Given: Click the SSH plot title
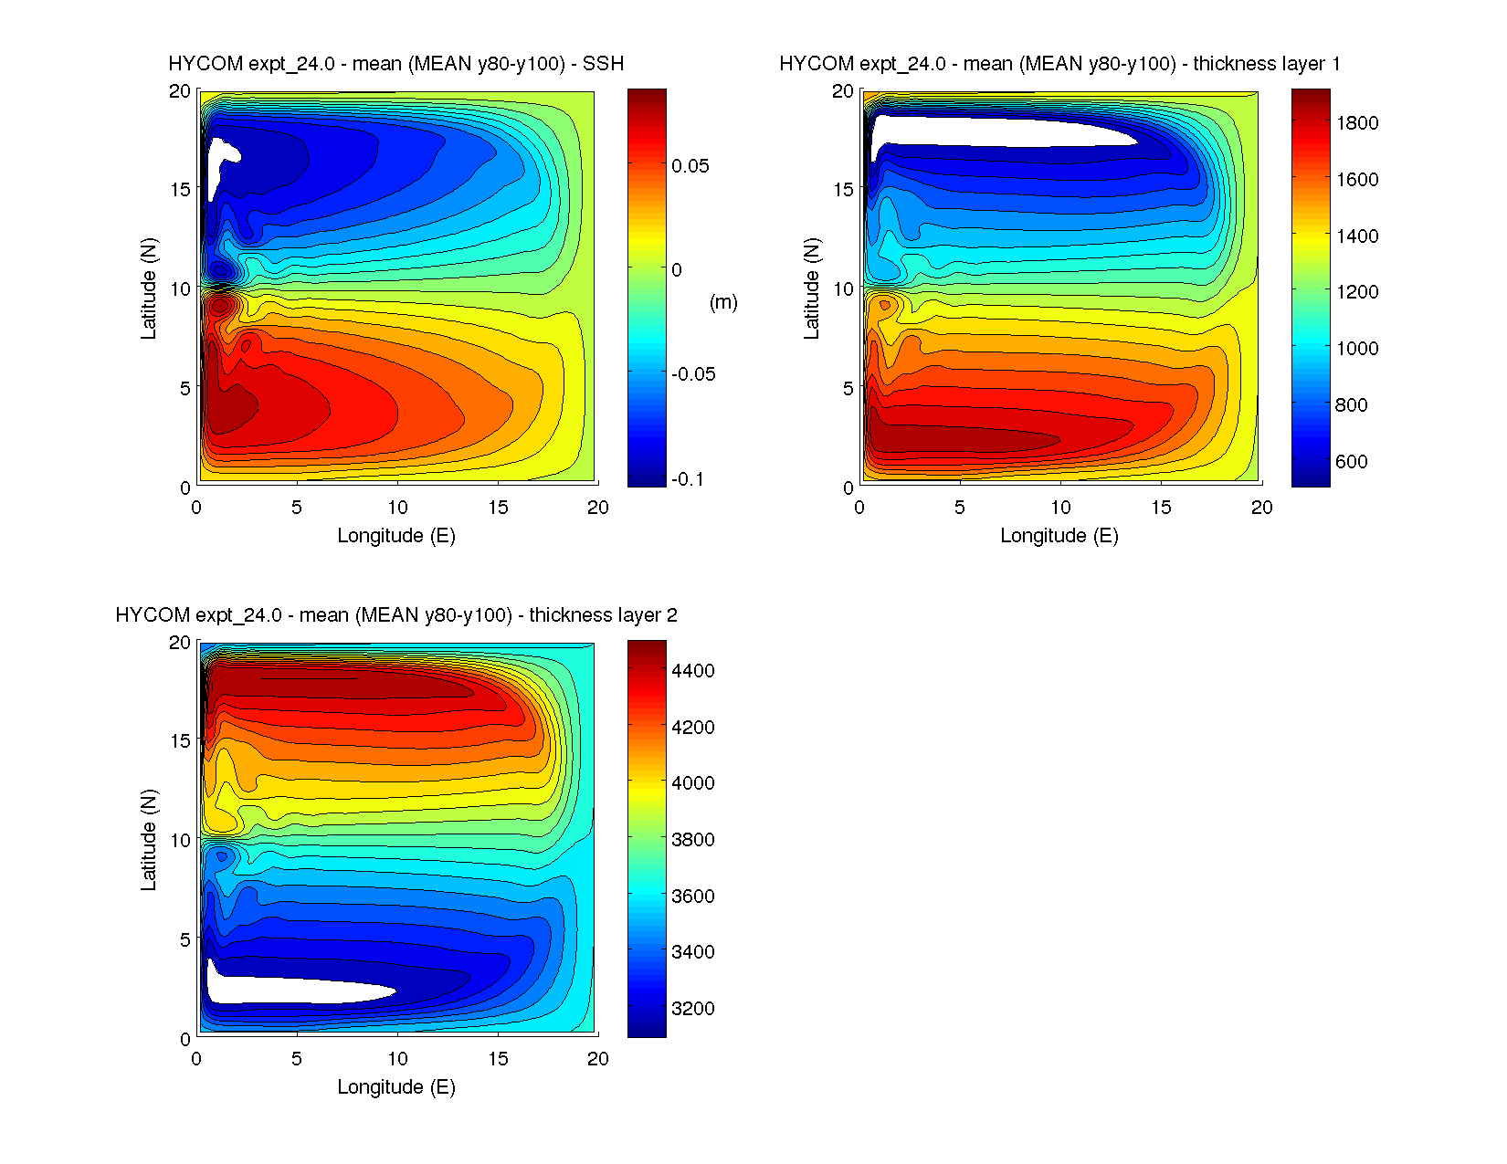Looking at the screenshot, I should pyautogui.click(x=395, y=64).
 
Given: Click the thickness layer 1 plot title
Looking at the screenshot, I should pyautogui.click(x=1059, y=64).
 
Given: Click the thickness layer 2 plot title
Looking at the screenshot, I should pyautogui.click(x=395, y=615).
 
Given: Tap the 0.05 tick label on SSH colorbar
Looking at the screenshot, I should pyautogui.click(x=690, y=166).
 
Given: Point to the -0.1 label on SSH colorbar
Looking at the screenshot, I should pyautogui.click(x=688, y=479).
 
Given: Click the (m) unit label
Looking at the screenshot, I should pyautogui.click(x=723, y=302).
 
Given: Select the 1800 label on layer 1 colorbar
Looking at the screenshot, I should pyautogui.click(x=1357, y=123).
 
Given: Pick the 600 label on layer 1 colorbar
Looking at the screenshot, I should pyautogui.click(x=1352, y=462).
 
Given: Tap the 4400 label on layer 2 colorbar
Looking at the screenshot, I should pyautogui.click(x=693, y=671).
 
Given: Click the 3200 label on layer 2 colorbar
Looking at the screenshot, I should pyautogui.click(x=693, y=1009).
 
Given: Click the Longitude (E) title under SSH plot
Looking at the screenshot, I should pyautogui.click(x=395, y=536).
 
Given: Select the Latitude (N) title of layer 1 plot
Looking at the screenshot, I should pyautogui.click(x=811, y=288).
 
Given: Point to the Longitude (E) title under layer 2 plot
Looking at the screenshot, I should pyautogui.click(x=395, y=1087).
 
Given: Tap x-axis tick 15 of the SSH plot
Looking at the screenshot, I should pyautogui.click(x=497, y=508).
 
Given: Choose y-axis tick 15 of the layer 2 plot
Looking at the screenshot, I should pyautogui.click(x=180, y=741).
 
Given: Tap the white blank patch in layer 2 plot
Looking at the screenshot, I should pyautogui.click(x=292, y=990).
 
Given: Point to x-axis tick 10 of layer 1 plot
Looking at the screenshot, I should pyautogui.click(x=1060, y=508).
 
